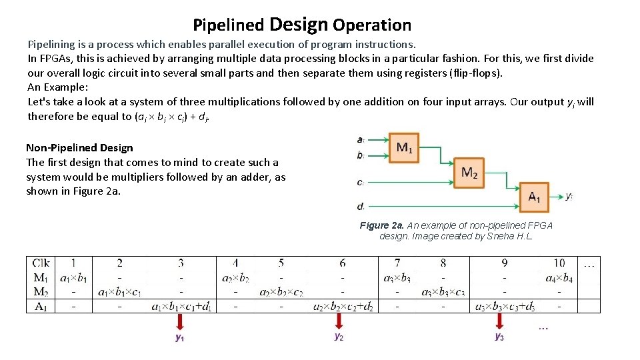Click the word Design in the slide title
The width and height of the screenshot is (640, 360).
tap(299, 25)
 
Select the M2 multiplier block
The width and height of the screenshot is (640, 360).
tap(469, 173)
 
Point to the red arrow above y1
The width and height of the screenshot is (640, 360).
tap(180, 322)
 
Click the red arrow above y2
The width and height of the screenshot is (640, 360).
tap(339, 321)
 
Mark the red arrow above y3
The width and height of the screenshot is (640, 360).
tap(499, 321)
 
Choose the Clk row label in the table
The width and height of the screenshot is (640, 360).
tap(40, 263)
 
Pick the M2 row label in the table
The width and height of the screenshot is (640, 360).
tap(40, 291)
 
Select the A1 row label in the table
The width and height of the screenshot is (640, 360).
tap(40, 306)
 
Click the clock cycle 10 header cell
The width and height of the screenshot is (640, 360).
tap(559, 263)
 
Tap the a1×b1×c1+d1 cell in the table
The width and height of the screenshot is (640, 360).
tap(181, 307)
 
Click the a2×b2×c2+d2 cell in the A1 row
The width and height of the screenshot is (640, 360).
tap(342, 307)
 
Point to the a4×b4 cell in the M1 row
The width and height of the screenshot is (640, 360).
tap(559, 277)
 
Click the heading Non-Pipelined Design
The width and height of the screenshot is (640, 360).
tap(79, 148)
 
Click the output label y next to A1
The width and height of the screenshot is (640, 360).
tap(568, 196)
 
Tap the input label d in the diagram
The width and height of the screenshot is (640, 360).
tap(360, 206)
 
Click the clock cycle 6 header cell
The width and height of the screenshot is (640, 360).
tap(342, 263)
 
